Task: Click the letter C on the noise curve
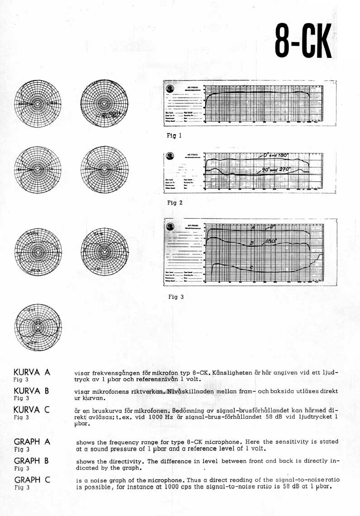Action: [252, 267]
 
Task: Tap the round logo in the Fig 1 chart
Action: [170, 89]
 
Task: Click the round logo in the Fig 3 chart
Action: [170, 226]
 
